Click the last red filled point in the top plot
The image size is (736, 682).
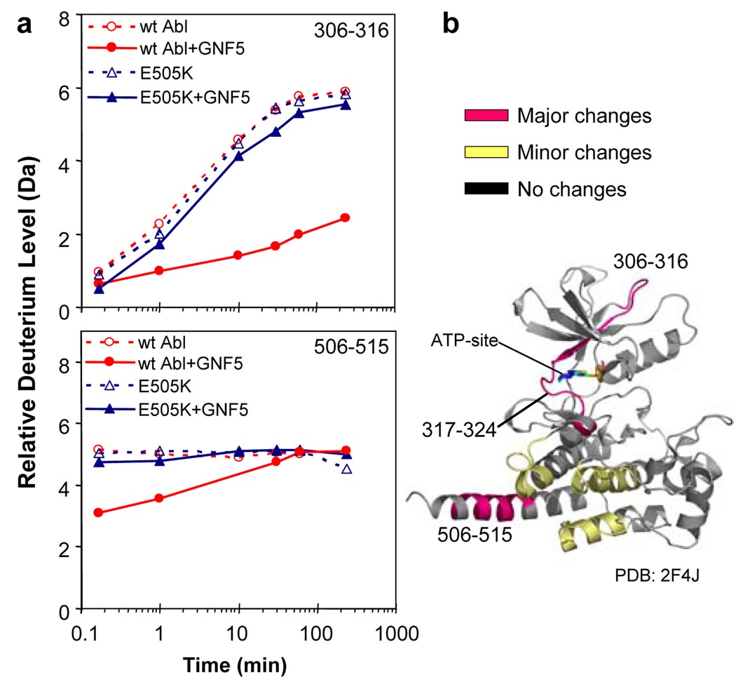click(x=344, y=218)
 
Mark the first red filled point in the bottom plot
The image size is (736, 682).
click(x=98, y=513)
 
